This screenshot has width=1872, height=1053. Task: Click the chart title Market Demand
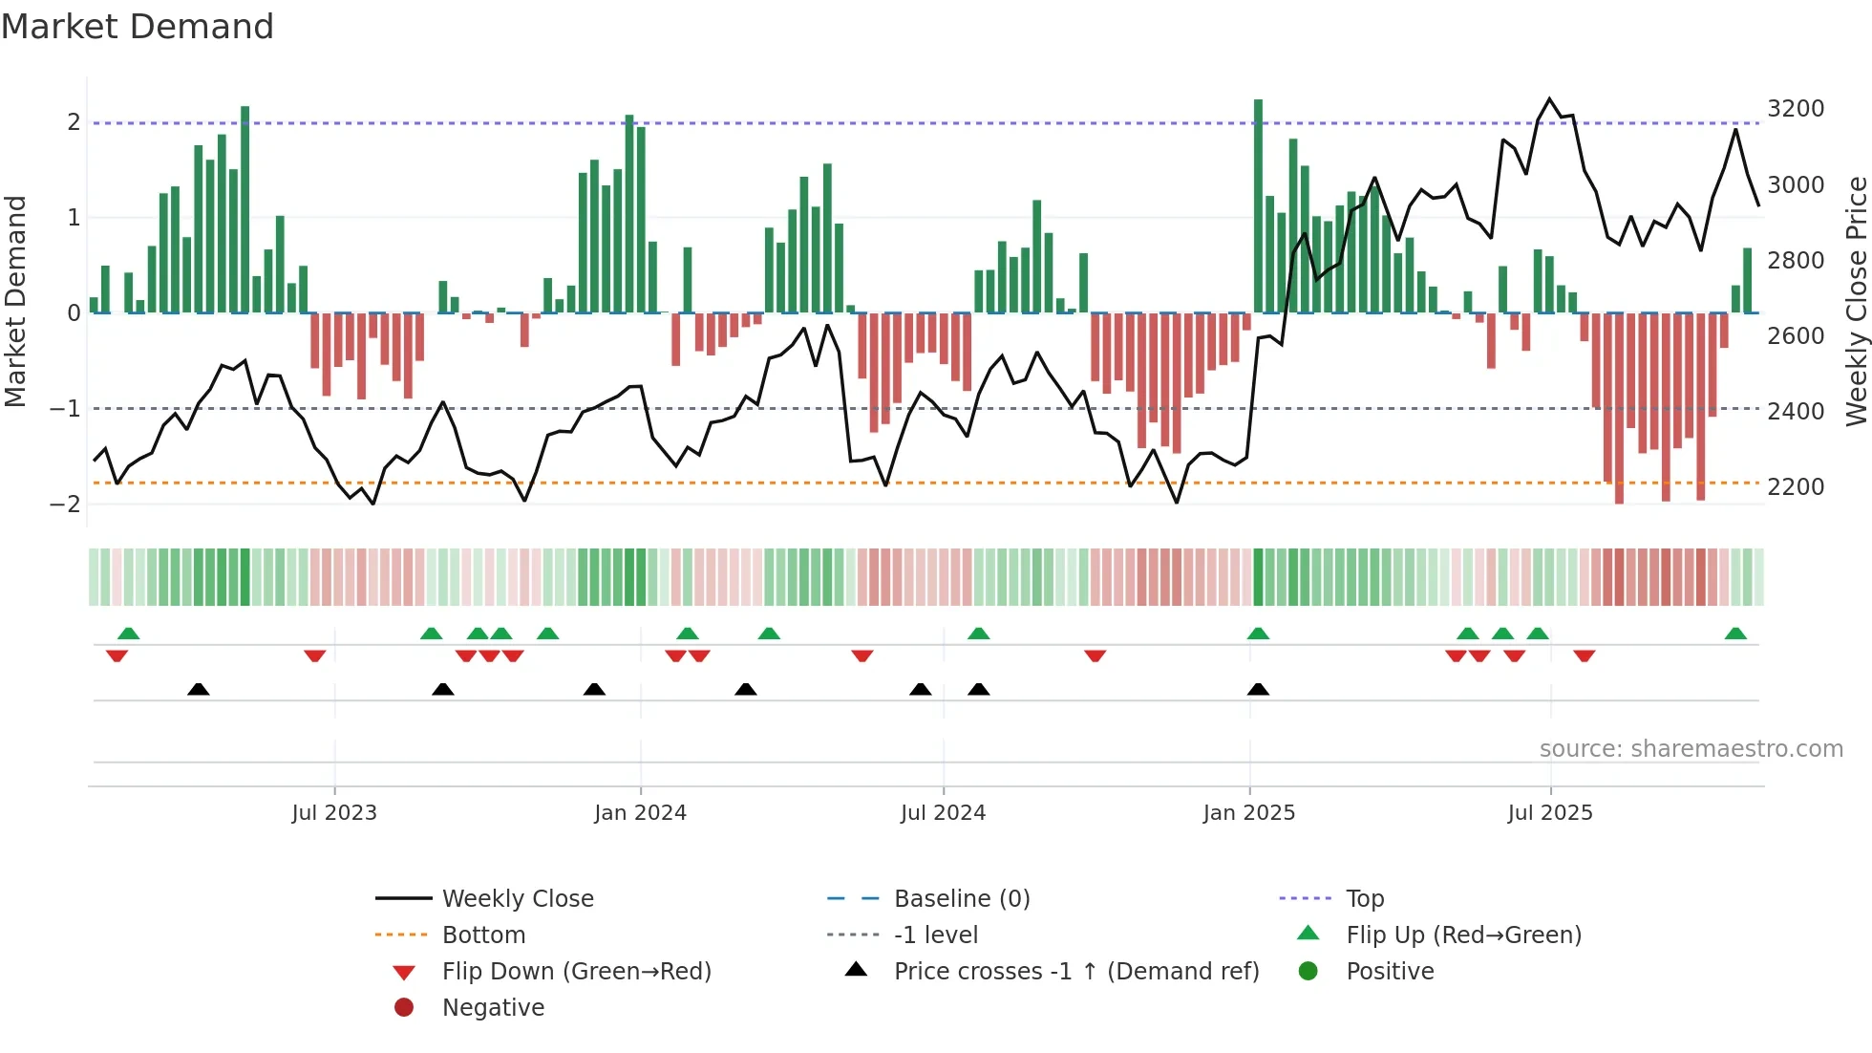(x=138, y=27)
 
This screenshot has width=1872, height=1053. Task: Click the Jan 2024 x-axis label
(x=640, y=813)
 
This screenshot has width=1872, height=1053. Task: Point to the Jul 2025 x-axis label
(x=1550, y=813)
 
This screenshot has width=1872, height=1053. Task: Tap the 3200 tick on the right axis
(x=1796, y=109)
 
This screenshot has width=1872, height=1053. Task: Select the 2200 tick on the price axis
(x=1796, y=487)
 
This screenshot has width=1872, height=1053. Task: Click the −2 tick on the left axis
(x=66, y=505)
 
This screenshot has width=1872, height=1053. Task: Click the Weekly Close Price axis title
(x=1856, y=301)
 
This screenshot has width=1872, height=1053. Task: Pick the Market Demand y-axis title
(x=16, y=301)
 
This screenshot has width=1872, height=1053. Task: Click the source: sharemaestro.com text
(x=1691, y=749)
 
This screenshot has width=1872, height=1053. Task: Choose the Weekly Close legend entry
(x=517, y=899)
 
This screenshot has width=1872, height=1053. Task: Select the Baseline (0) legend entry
(x=961, y=899)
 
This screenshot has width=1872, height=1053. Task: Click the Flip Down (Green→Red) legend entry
(x=576, y=972)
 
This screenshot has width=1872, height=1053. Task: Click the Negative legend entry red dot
(x=404, y=1008)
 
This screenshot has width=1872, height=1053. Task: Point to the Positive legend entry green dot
(x=1308, y=972)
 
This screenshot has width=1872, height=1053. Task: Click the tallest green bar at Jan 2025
(x=1258, y=205)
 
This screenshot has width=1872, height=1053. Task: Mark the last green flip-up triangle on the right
(x=1735, y=634)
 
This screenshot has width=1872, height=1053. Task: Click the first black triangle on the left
(x=199, y=689)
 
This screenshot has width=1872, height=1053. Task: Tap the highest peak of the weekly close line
(x=1549, y=99)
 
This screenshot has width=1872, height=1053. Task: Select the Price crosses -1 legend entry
(x=1075, y=972)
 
